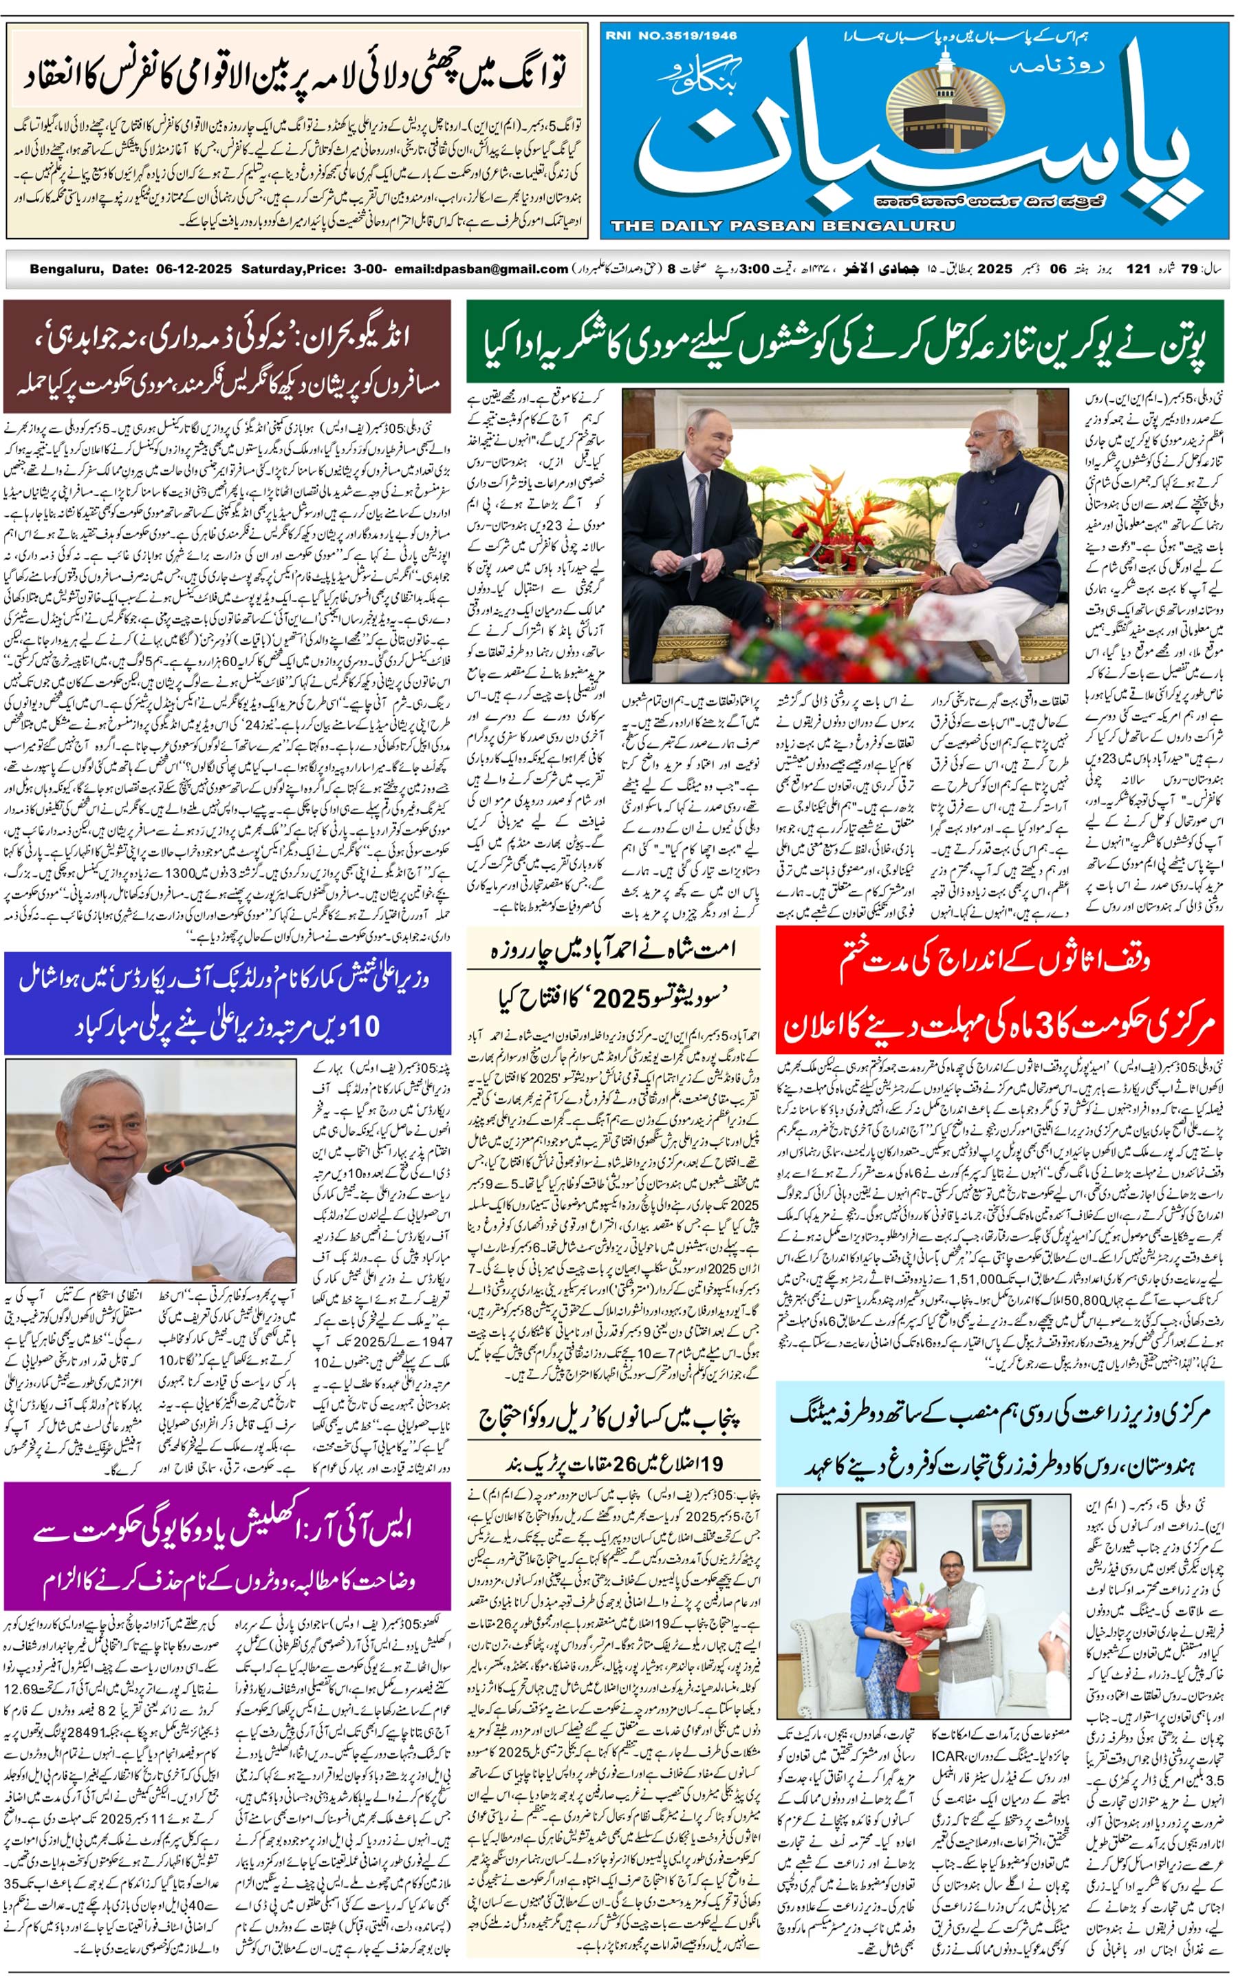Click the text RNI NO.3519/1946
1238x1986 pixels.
tap(671, 36)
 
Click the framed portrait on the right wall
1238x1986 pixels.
tap(1005, 1537)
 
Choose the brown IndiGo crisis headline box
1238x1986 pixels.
tap(227, 356)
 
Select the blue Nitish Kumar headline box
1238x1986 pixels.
tap(227, 1003)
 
